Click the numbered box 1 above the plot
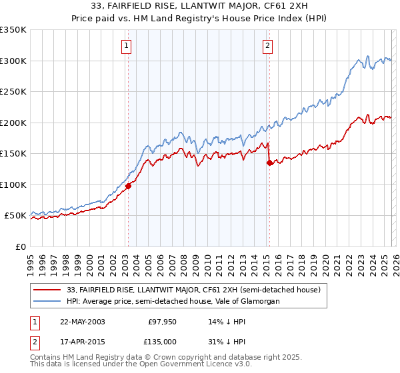(126, 46)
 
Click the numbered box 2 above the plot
(267, 46)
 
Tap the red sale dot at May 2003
(128, 186)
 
